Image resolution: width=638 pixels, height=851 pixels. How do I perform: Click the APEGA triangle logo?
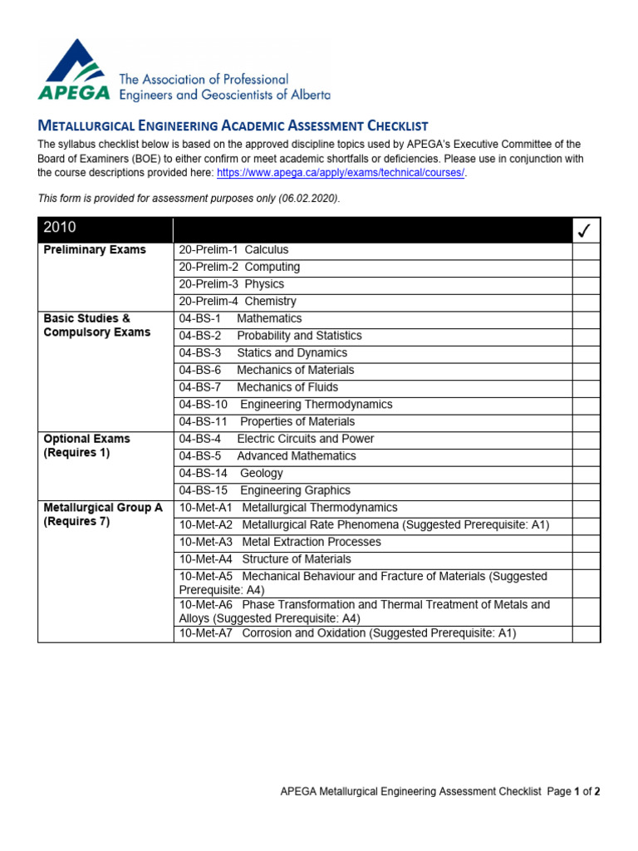click(x=75, y=70)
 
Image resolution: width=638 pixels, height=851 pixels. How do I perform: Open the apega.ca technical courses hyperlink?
click(x=336, y=173)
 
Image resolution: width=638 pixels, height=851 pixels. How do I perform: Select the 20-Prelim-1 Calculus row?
click(x=233, y=250)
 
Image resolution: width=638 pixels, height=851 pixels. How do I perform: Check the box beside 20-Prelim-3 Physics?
click(x=586, y=284)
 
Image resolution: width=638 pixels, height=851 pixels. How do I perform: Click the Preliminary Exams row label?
click(x=95, y=250)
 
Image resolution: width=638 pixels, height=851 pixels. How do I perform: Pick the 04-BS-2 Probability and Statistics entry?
click(x=270, y=336)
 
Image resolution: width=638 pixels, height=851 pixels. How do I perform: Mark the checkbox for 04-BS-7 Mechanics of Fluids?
click(x=586, y=387)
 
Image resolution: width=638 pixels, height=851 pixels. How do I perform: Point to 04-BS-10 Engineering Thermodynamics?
click(x=285, y=405)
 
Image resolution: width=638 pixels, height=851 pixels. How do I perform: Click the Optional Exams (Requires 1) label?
click(x=86, y=445)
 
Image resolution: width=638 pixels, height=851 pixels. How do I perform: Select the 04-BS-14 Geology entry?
click(x=230, y=474)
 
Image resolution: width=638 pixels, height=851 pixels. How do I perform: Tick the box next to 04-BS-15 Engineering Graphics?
click(x=586, y=490)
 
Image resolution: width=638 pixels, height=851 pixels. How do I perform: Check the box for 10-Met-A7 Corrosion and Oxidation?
click(x=586, y=634)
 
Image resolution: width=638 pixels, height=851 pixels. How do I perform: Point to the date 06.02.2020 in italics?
click(x=311, y=199)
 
